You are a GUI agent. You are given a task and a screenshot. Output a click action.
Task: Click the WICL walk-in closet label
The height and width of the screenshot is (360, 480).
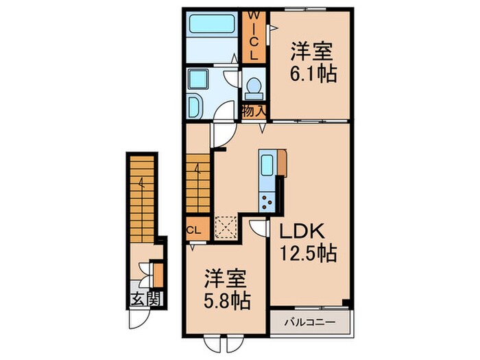[253, 34]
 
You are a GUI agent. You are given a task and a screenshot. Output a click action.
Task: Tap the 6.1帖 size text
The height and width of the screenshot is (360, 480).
[313, 73]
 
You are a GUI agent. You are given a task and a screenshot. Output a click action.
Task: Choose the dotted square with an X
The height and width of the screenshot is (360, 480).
[225, 225]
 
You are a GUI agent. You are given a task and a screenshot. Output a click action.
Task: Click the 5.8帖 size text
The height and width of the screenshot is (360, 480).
[227, 299]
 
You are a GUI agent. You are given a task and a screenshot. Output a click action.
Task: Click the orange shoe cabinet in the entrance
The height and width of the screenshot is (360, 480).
[158, 274]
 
